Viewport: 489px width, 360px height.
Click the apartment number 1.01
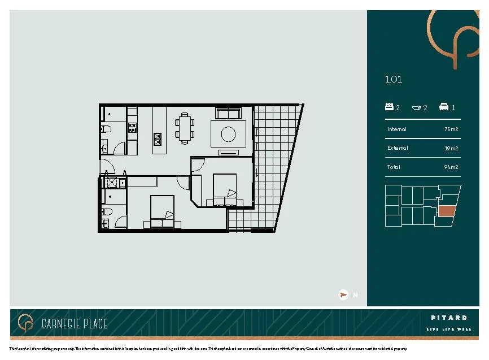coord(394,80)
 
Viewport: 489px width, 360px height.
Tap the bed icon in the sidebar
coord(389,107)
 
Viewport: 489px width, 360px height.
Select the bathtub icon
coord(417,107)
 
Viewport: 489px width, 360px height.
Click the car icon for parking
coord(444,107)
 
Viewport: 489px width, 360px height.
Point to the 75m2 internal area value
coord(451,129)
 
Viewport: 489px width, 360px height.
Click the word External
coord(398,148)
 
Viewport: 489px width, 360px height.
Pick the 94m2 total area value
coord(451,167)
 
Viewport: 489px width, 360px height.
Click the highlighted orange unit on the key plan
coord(447,212)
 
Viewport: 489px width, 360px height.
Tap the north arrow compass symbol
coord(343,294)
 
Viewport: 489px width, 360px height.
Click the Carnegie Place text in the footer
coord(75,324)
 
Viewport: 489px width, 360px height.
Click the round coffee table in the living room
coord(229,134)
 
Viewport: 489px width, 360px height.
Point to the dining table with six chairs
coord(184,128)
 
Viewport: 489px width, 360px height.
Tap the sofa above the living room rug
coord(229,113)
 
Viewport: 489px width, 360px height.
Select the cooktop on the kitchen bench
coord(133,128)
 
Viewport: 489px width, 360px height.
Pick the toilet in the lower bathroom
coord(106,211)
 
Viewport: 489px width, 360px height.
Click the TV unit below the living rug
coord(229,153)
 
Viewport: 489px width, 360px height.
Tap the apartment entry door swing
coord(107,167)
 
